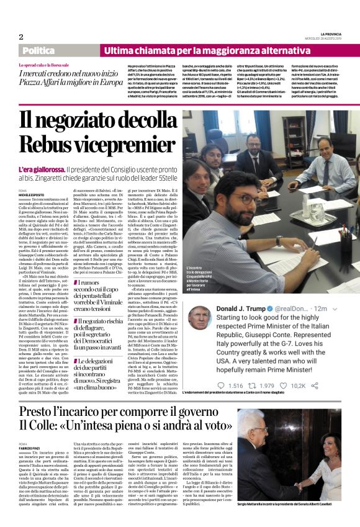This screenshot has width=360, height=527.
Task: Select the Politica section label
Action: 38,50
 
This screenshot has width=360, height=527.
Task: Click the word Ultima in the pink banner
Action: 119,50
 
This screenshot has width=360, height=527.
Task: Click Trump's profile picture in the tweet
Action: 197,315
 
